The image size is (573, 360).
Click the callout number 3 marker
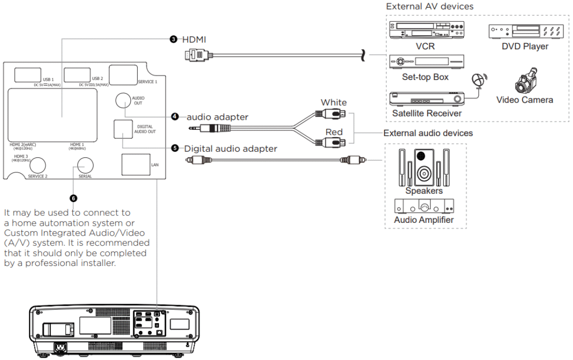[x=173, y=39]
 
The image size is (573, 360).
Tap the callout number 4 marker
[x=175, y=116]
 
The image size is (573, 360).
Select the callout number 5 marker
[x=175, y=148]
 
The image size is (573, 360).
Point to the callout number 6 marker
[x=73, y=198]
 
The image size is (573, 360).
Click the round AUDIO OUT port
[x=124, y=100]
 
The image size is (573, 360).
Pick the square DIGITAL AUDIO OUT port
[x=123, y=129]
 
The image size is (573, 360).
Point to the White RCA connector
[x=335, y=114]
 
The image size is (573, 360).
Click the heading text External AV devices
[x=429, y=7]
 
